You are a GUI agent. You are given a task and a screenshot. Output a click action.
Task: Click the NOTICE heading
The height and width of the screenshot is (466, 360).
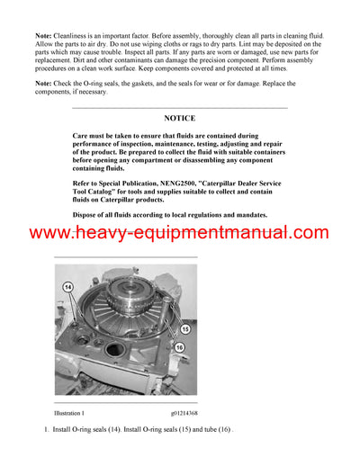[180, 118]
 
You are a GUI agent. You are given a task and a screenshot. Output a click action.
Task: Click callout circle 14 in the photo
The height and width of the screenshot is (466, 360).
[67, 286]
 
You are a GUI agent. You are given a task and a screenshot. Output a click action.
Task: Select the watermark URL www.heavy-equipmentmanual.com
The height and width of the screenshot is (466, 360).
[180, 233]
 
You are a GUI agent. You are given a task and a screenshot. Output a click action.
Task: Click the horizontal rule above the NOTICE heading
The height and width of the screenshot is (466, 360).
[180, 108]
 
